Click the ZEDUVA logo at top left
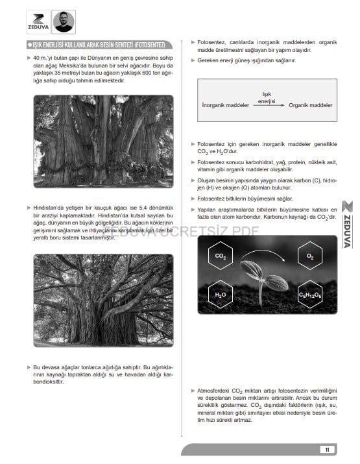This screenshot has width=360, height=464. pos(38,22)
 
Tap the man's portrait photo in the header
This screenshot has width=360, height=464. pos(64,22)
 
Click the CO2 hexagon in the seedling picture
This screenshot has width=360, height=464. pos(221,256)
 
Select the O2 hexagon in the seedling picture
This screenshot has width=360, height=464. pos(309,256)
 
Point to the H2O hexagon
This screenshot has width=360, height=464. pos(221,295)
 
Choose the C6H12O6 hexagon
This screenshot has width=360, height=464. pos(309,295)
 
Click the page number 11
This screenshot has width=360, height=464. pos(327,450)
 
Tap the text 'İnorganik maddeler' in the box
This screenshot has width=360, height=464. pos(226,105)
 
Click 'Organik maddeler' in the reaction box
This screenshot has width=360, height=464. pos(310,105)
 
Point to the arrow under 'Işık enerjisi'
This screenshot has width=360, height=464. pos(269,105)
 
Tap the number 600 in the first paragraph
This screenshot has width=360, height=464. pos(147,73)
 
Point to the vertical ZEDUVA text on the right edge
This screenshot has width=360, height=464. pos(347,231)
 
